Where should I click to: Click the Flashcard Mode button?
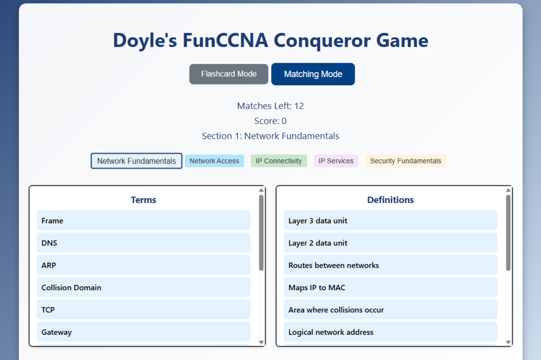228,74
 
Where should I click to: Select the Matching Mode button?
313,74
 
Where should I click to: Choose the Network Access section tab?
214,161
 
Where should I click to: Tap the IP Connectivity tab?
279,161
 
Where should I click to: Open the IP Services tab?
336,161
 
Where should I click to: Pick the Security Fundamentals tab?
405,161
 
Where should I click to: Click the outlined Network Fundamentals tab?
136,161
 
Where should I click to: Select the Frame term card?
144,220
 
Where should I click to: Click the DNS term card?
144,243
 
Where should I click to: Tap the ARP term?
144,265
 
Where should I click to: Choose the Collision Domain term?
144,287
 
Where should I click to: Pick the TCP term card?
144,309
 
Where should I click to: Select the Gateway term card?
144,331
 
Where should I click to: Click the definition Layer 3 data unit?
391,220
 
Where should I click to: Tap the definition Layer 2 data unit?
391,243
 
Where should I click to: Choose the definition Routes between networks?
391,265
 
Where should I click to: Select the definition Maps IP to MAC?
391,287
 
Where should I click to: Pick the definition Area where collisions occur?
391,309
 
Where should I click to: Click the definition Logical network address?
391,331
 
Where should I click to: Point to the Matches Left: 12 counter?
270,106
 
